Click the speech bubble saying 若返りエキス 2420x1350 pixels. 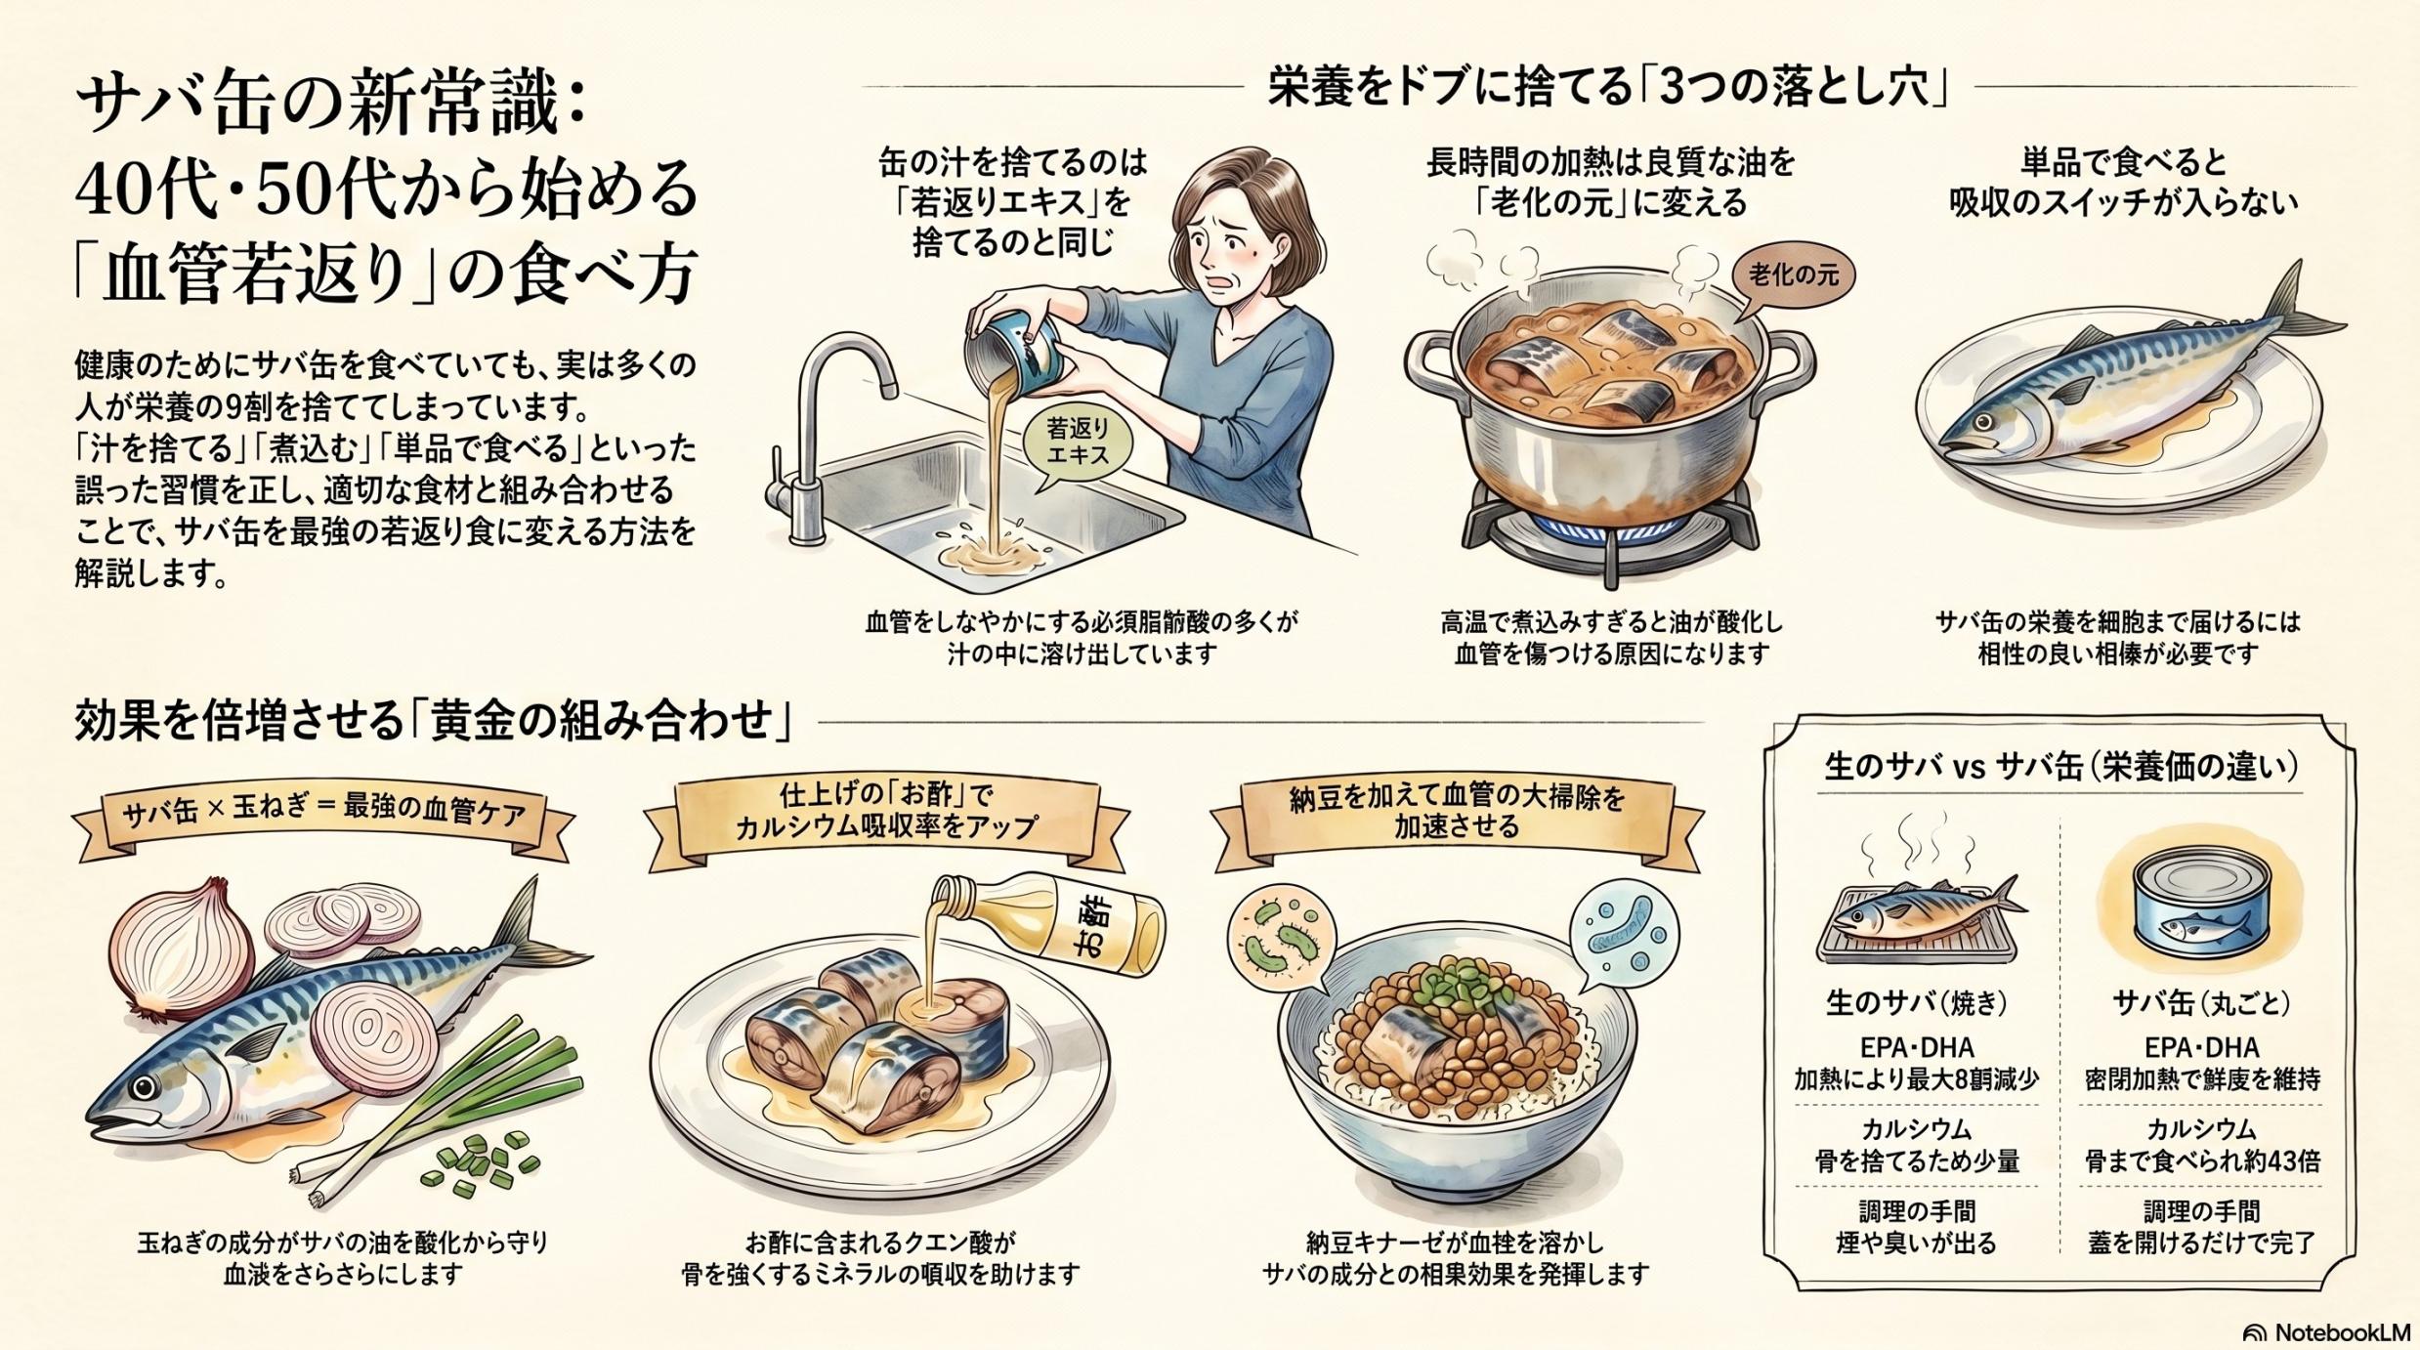(1078, 443)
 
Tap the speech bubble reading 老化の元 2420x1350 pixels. (1793, 275)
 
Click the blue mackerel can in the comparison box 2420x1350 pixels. (2200, 904)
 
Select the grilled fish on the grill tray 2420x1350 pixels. (1915, 916)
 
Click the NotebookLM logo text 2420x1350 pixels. (2341, 1332)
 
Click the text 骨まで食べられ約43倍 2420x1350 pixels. (2200, 1161)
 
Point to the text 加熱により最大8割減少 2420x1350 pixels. (1916, 1079)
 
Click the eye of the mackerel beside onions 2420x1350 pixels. (146, 1087)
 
